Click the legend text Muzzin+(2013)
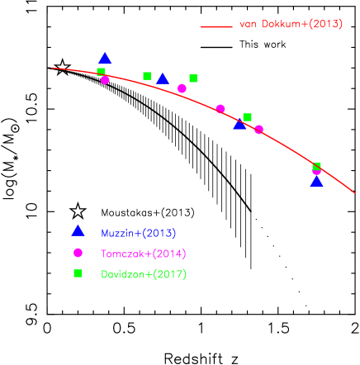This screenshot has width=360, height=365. [138, 234]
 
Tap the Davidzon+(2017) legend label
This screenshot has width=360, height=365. [144, 274]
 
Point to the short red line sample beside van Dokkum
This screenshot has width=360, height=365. [216, 26]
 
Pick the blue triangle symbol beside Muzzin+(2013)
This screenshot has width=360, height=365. [78, 231]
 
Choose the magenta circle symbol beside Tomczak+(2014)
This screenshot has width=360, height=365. [78, 253]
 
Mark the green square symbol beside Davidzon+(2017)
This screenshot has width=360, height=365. [78, 273]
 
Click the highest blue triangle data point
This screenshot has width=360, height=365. [105, 59]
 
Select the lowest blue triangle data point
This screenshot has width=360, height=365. [316, 182]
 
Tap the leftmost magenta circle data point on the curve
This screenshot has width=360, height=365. [105, 80]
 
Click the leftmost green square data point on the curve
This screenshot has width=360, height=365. [101, 71]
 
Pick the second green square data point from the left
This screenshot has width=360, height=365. [147, 76]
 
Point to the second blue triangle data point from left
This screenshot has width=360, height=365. [163, 79]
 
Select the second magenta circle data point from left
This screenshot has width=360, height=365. [182, 88]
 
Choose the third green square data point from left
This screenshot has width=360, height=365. [193, 78]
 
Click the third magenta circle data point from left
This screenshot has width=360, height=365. [220, 108]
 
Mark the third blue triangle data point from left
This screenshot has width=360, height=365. [239, 125]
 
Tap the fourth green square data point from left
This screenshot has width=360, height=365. [247, 117]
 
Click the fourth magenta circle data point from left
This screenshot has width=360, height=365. [258, 129]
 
